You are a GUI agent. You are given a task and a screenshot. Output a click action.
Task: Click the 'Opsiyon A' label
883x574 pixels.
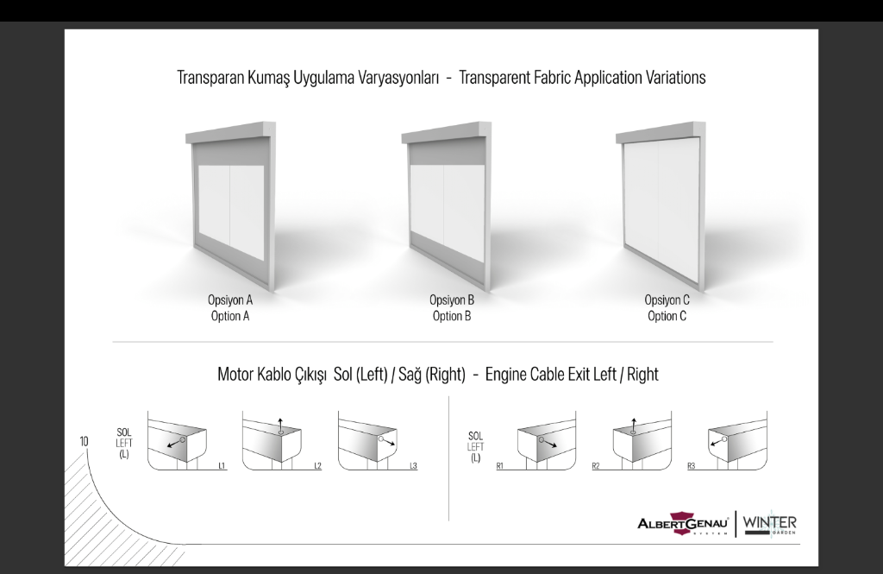(230, 300)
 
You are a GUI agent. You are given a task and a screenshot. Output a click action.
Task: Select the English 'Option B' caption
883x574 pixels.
(452, 316)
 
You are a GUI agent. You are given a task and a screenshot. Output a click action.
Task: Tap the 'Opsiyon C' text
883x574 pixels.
(667, 300)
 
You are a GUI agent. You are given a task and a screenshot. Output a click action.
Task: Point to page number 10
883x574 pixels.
(84, 441)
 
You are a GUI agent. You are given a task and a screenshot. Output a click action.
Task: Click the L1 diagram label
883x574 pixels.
(222, 466)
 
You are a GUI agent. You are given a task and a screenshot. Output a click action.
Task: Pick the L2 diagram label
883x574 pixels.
(317, 466)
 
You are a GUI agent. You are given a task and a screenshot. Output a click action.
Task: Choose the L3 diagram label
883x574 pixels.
(413, 466)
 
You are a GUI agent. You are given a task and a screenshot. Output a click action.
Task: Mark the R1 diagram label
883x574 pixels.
(499, 466)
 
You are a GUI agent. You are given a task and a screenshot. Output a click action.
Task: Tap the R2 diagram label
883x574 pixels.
(596, 466)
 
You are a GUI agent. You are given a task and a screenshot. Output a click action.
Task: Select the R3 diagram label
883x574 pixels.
(691, 466)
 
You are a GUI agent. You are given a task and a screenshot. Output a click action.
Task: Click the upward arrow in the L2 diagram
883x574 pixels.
(280, 426)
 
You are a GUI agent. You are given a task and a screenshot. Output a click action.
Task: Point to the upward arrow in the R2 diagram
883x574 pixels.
(634, 426)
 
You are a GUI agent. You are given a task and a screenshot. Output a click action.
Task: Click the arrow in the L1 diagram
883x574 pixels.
(174, 444)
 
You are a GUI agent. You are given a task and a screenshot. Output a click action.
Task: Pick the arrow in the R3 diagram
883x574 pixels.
(717, 441)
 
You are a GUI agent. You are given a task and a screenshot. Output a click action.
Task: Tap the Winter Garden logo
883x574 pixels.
(769, 525)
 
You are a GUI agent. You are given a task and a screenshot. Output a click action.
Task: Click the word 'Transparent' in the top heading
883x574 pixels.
(494, 77)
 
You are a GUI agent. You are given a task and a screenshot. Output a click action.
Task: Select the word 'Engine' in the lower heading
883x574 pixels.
(503, 375)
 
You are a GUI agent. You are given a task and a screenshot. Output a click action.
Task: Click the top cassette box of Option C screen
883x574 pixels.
(661, 133)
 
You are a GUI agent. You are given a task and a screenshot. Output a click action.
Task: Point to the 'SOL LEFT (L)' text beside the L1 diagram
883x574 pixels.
(124, 443)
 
